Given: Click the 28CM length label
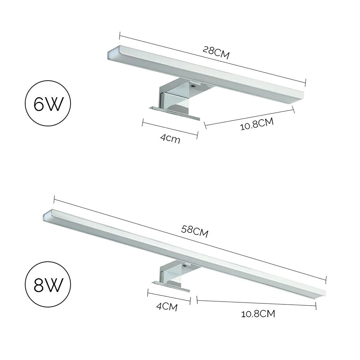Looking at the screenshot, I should (x=216, y=53).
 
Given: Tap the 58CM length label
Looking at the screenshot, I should (x=195, y=231).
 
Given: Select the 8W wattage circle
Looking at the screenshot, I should (x=48, y=286).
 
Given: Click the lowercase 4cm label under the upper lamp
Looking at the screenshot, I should (x=170, y=138).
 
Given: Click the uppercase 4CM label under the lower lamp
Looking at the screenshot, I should (x=167, y=307).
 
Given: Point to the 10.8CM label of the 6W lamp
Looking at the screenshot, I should (x=257, y=124).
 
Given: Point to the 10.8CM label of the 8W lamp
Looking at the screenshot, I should (x=258, y=314).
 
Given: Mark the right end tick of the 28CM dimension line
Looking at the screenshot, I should (x=305, y=82).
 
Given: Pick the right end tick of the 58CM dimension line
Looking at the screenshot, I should (x=326, y=279).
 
